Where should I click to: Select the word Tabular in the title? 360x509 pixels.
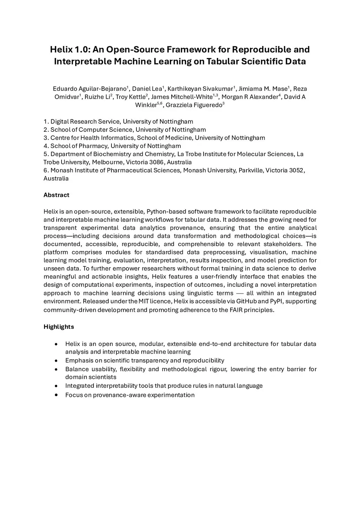(222, 61)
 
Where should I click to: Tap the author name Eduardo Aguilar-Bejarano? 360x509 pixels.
(90, 89)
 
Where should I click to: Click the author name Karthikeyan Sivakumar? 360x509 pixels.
(200, 89)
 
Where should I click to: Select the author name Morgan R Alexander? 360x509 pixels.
(250, 97)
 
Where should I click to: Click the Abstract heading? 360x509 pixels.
(56, 195)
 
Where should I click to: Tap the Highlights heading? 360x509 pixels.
(59, 327)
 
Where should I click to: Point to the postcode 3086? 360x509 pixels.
(156, 162)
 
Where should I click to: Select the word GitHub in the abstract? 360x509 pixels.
(246, 301)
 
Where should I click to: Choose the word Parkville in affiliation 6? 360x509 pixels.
(250, 170)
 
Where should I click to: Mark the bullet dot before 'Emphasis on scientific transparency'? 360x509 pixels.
(56, 361)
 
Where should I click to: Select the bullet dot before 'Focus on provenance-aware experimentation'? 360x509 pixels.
(56, 395)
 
